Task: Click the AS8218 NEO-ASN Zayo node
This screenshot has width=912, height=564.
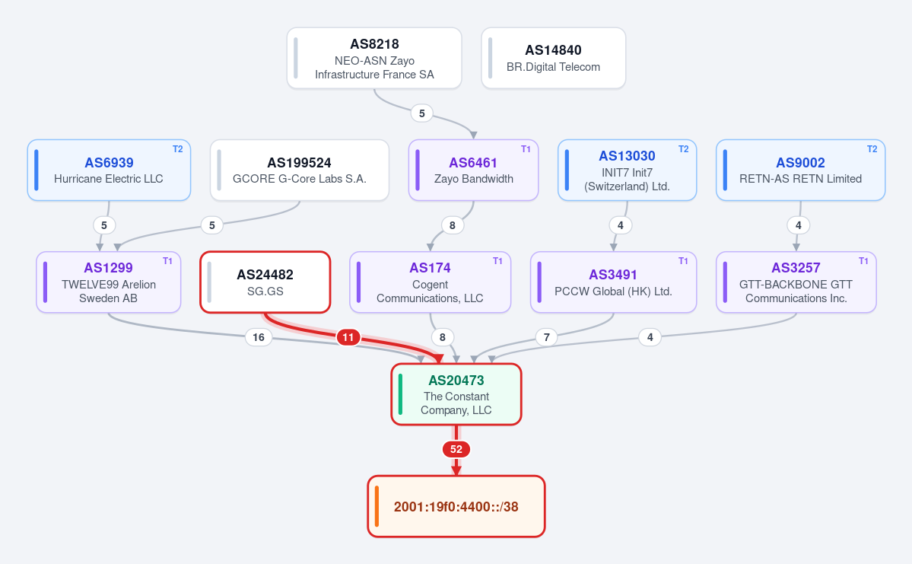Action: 374,58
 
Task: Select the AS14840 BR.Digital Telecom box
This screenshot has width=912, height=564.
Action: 553,58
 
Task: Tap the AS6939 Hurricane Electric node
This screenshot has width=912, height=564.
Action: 109,170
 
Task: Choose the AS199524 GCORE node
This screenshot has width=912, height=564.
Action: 300,170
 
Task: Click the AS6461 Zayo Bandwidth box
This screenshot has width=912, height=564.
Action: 473,170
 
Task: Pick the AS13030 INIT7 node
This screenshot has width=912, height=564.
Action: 627,170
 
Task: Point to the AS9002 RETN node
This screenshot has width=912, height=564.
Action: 800,170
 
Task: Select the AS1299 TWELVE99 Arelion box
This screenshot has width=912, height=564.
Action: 109,282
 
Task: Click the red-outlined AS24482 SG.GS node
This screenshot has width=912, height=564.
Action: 265,282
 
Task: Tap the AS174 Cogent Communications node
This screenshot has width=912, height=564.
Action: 430,282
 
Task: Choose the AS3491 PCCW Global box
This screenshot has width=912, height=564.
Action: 613,282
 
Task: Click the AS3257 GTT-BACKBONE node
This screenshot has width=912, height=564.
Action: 796,282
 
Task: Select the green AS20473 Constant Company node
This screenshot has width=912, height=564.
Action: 456,394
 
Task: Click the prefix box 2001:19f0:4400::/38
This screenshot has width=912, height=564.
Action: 456,506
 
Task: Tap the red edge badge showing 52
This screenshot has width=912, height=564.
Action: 456,449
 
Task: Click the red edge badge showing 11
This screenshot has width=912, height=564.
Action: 348,337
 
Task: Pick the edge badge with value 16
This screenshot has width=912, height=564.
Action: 259,337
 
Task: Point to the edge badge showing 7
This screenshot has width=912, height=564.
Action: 547,337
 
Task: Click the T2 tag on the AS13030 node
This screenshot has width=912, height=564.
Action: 683,149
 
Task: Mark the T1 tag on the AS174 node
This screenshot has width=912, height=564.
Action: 497,261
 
